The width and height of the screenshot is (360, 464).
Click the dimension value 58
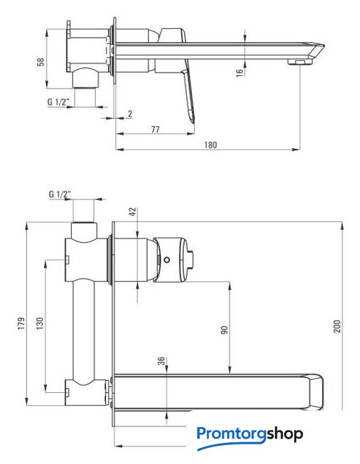pyautogui.click(x=41, y=62)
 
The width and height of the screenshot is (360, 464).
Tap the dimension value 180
pyautogui.click(x=210, y=145)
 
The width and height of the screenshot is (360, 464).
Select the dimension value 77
pyautogui.click(x=155, y=129)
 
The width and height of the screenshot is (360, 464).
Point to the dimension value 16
pyautogui.click(x=240, y=72)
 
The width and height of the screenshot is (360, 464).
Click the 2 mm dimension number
pyautogui.click(x=130, y=113)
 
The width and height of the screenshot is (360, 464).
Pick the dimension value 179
pyautogui.click(x=21, y=323)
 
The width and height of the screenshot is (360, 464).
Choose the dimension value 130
pyautogui.click(x=39, y=323)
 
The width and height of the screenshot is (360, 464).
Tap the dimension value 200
pyautogui.click(x=338, y=326)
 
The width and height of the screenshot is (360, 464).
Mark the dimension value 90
pyautogui.click(x=225, y=330)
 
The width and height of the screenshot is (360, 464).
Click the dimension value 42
pyautogui.click(x=133, y=212)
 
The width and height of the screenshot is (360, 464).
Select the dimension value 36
pyautogui.click(x=161, y=361)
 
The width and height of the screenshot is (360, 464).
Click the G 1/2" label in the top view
pyautogui.click(x=58, y=101)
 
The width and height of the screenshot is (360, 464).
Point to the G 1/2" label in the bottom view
pyautogui.click(x=59, y=194)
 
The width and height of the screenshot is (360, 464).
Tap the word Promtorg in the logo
pyautogui.click(x=232, y=434)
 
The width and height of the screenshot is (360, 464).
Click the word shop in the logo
pyautogui.click(x=285, y=434)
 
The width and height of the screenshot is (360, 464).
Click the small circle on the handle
pyautogui.click(x=167, y=260)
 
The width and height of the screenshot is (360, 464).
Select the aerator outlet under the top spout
pyautogui.click(x=300, y=62)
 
